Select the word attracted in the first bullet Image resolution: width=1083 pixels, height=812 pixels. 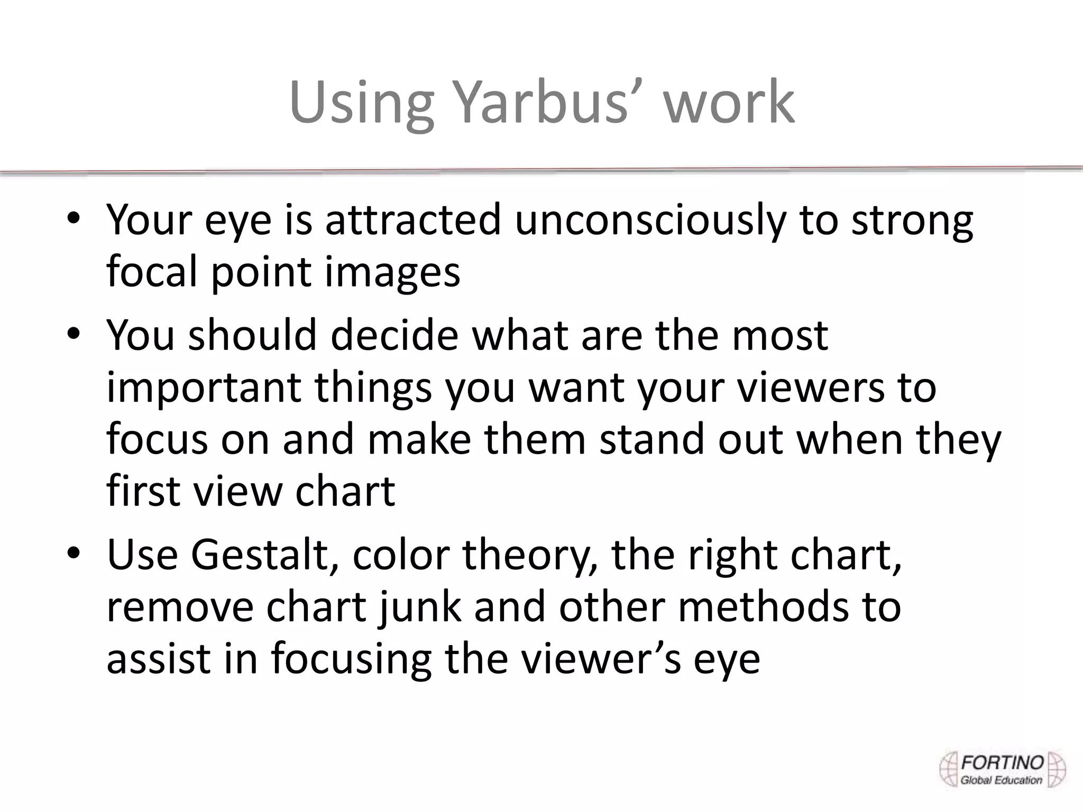point(412,220)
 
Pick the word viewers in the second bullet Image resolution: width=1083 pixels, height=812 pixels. point(799,387)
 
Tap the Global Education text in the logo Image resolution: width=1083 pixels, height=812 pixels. point(1001,780)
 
